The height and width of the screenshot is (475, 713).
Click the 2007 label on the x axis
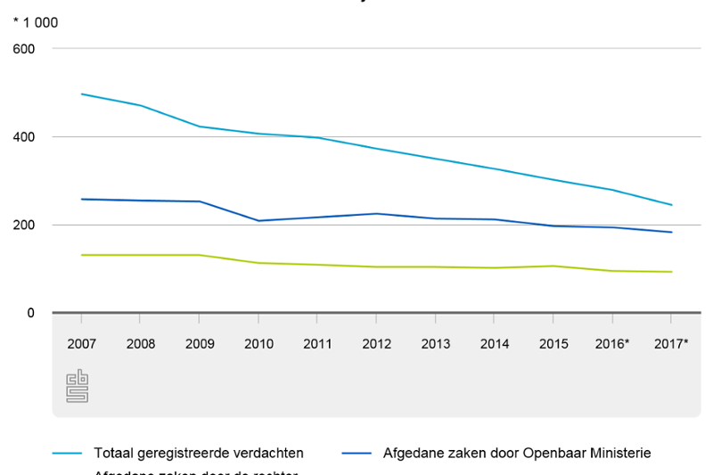click(x=81, y=343)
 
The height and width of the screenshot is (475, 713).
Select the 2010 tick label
click(x=258, y=343)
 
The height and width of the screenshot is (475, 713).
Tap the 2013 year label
click(x=436, y=343)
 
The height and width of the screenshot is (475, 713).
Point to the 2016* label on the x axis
click(x=612, y=343)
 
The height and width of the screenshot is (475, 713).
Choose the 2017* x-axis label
click(x=671, y=343)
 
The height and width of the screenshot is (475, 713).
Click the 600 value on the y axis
click(x=24, y=49)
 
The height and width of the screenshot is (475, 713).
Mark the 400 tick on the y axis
click(x=24, y=137)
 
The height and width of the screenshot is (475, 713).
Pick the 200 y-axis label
click(x=24, y=225)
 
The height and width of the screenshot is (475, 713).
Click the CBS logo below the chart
click(x=78, y=386)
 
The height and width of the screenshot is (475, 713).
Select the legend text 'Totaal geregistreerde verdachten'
click(x=198, y=453)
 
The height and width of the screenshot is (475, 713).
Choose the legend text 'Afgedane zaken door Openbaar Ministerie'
click(x=517, y=453)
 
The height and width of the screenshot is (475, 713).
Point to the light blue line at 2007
click(x=81, y=94)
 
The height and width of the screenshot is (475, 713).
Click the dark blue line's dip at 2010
click(x=258, y=220)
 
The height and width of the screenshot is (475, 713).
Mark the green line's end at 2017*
click(x=671, y=272)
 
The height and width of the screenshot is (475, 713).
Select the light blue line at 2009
click(x=200, y=127)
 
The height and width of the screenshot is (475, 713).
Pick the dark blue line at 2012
click(x=376, y=213)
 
